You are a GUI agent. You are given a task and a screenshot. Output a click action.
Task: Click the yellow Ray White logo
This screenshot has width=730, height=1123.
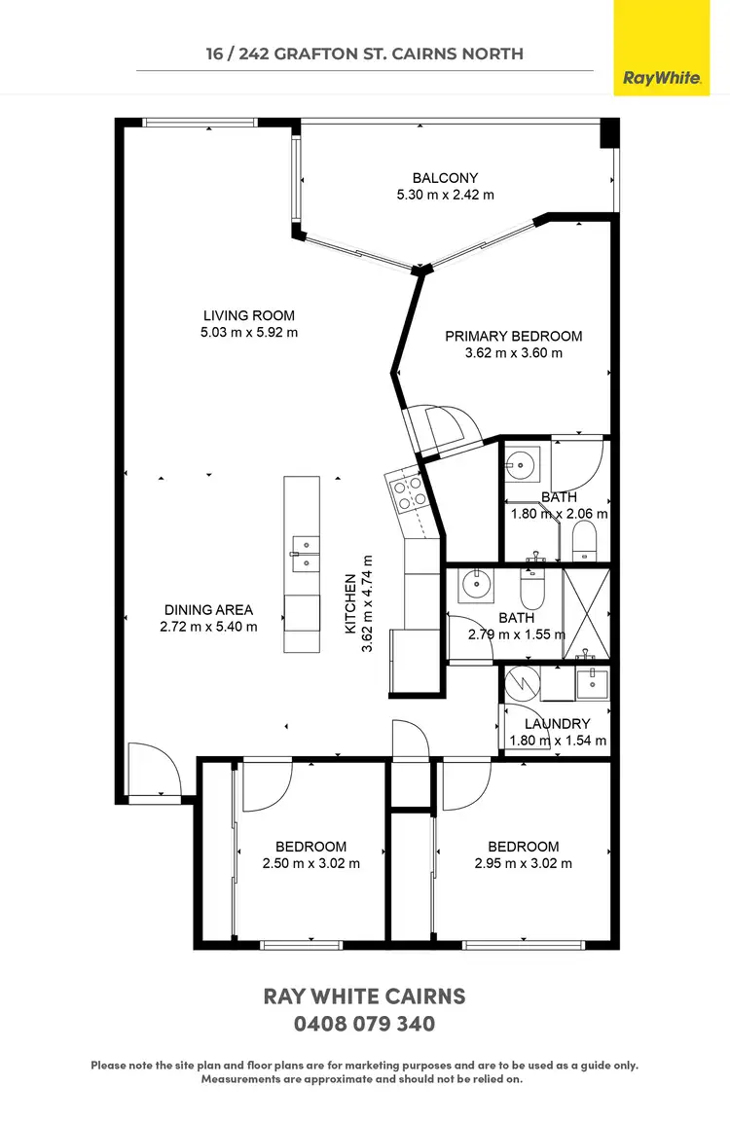[662, 48]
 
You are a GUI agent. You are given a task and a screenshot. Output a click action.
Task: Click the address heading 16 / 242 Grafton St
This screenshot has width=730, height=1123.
[364, 54]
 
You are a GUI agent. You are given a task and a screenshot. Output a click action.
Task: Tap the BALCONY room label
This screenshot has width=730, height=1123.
[445, 178]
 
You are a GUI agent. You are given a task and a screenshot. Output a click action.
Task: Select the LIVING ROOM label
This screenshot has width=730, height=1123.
[248, 315]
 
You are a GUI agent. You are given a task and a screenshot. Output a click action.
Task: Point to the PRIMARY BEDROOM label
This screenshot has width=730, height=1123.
[513, 337]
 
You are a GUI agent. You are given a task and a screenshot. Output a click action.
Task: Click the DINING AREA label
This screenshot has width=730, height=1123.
[207, 610]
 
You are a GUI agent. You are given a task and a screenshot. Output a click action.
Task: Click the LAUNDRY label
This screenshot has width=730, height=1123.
[557, 724]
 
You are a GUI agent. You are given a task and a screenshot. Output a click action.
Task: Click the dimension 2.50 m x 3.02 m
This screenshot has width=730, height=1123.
[310, 863]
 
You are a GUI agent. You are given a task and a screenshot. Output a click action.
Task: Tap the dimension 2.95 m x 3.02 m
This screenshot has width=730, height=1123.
[523, 863]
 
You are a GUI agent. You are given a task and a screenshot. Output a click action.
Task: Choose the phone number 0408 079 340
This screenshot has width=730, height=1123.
[364, 1025]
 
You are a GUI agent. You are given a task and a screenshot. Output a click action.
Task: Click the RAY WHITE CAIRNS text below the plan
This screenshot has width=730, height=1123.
[364, 996]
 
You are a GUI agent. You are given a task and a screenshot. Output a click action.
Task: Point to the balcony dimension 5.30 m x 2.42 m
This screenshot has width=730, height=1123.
[445, 195]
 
